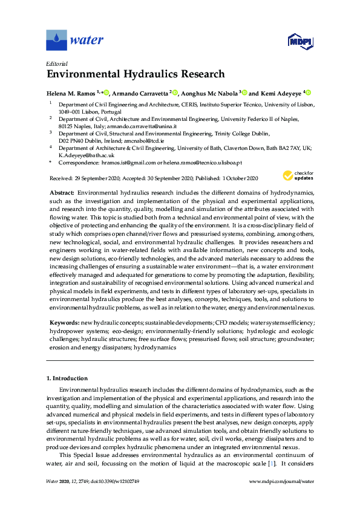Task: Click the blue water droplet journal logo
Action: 56,41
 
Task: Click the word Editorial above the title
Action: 57,63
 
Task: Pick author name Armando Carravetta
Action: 140,94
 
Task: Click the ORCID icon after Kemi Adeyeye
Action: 308,93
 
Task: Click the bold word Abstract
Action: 61,191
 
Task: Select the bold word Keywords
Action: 63,323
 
